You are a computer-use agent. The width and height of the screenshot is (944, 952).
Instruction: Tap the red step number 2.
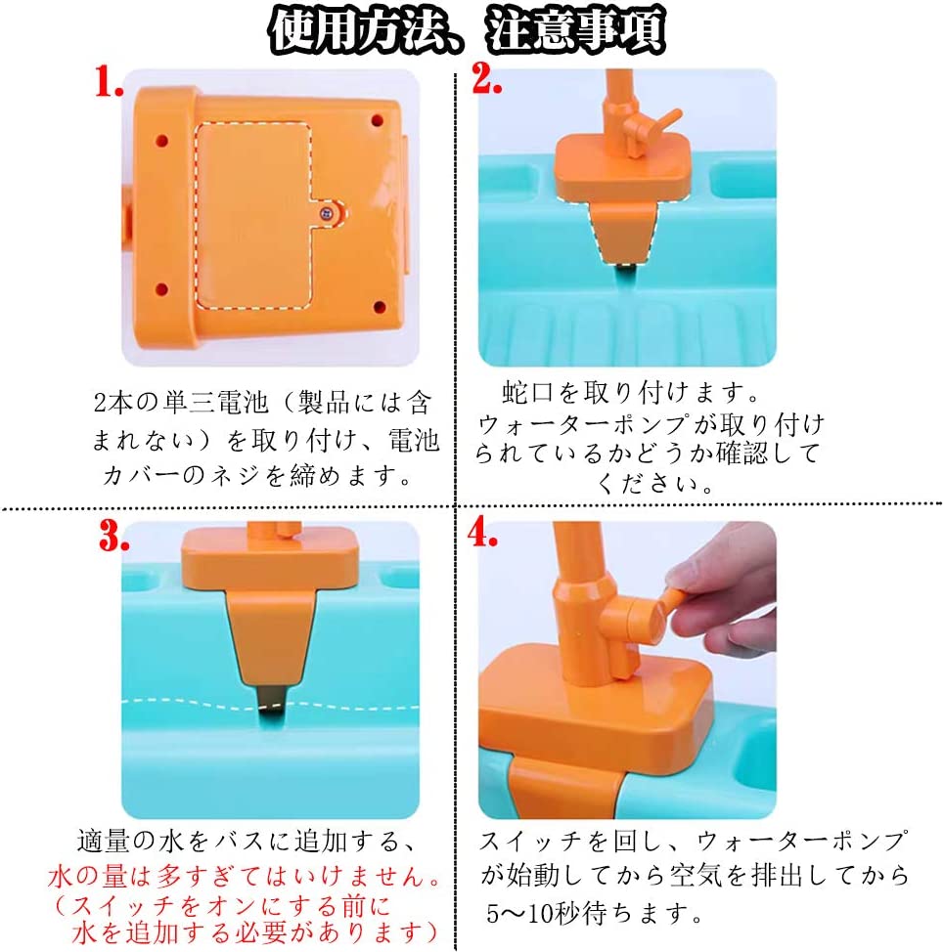(486, 78)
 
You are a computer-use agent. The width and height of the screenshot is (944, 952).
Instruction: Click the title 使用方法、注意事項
(467, 29)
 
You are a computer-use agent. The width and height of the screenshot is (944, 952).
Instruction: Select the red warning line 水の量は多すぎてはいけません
(245, 876)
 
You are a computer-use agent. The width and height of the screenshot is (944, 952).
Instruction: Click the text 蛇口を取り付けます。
(631, 392)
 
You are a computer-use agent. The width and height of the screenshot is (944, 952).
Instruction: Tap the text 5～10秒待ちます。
(594, 913)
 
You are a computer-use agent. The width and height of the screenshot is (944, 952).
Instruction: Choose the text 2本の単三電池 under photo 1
(181, 403)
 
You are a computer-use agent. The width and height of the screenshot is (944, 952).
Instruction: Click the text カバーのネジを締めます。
(258, 475)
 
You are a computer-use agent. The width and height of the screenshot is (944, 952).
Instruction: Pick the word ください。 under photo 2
(654, 484)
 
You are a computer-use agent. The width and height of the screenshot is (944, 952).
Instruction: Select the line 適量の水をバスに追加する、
(247, 841)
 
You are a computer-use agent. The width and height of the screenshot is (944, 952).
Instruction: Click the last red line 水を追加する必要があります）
(255, 932)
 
